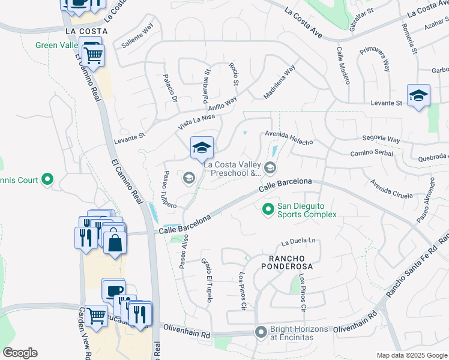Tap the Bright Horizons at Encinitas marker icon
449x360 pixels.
(x=261, y=332)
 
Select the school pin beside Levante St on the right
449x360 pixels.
(x=418, y=96)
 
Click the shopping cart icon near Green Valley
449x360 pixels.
(x=93, y=56)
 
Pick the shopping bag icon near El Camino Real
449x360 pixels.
(x=115, y=244)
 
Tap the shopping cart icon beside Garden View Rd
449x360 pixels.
(x=96, y=315)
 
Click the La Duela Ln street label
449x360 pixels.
(x=299, y=242)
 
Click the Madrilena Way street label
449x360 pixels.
(x=279, y=82)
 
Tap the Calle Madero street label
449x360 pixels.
(x=343, y=66)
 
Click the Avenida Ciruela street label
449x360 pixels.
(x=391, y=189)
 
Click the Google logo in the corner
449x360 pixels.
(x=20, y=352)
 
